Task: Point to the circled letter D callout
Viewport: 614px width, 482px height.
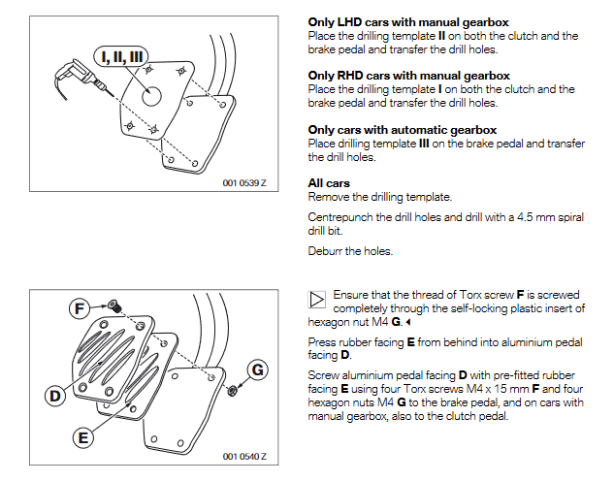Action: pyautogui.click(x=56, y=395)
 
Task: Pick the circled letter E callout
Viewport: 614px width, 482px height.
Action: pyautogui.click(x=84, y=437)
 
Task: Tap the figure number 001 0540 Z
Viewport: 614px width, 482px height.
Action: pyautogui.click(x=243, y=456)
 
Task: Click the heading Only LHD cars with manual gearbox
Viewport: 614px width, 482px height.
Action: pyautogui.click(x=407, y=21)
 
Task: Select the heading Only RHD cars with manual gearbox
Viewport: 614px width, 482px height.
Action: pyautogui.click(x=408, y=76)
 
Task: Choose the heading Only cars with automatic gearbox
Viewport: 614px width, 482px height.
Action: pyautogui.click(x=402, y=129)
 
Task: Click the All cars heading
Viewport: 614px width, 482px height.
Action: pyautogui.click(x=329, y=183)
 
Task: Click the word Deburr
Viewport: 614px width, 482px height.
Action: pyautogui.click(x=326, y=251)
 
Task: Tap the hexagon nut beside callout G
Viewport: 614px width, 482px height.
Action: pyautogui.click(x=234, y=391)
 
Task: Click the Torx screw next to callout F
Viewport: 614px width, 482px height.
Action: pyautogui.click(x=113, y=306)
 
